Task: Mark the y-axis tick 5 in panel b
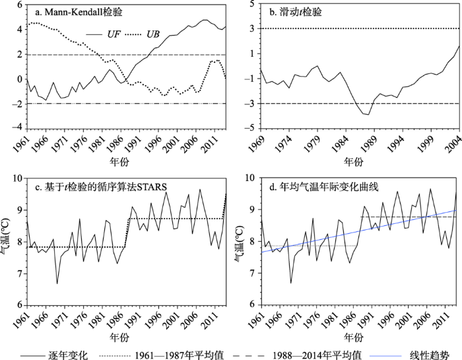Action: click(x=253, y=5)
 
